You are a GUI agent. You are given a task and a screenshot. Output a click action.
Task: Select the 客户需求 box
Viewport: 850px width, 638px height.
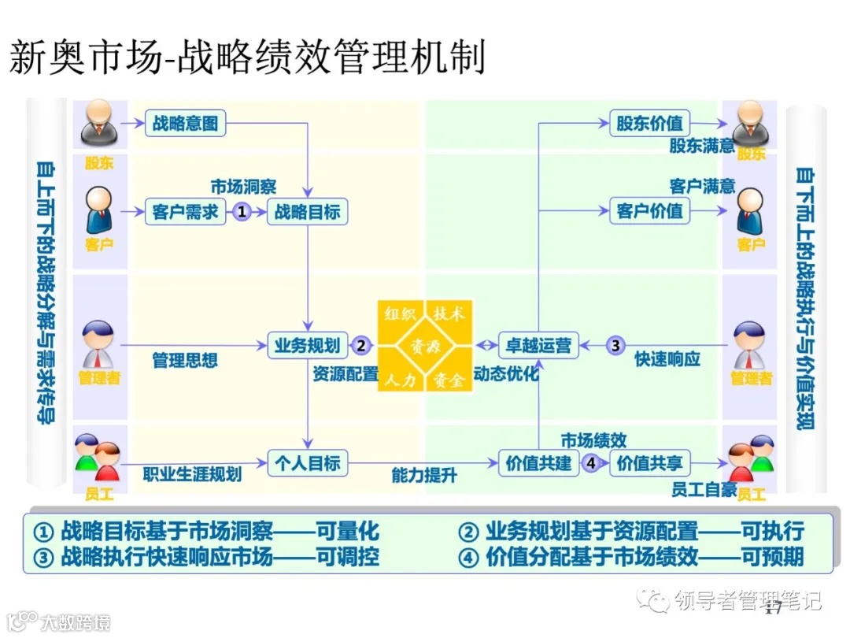186,211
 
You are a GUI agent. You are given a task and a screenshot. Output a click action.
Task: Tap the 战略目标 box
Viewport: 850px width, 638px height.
307,211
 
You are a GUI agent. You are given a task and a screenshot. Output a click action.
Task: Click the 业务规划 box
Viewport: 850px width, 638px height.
307,345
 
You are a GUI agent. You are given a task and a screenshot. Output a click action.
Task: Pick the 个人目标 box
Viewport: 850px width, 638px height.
307,462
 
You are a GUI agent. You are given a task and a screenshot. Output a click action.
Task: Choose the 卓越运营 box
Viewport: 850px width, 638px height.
538,345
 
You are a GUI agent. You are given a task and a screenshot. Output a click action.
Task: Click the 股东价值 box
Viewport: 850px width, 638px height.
649,123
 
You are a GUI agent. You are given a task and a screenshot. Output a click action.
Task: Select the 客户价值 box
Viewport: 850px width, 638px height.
649,211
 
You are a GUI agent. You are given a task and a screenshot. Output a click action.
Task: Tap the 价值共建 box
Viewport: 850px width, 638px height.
538,463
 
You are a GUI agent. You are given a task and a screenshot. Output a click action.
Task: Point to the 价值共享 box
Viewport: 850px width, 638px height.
649,463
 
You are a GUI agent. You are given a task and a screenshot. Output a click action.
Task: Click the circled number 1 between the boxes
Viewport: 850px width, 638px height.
242,211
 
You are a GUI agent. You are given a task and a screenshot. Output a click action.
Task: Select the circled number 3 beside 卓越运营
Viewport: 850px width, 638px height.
616,345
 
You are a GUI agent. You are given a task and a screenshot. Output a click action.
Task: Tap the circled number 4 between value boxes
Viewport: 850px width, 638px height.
592,463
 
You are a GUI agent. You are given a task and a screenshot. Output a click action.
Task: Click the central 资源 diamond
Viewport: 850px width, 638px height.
425,346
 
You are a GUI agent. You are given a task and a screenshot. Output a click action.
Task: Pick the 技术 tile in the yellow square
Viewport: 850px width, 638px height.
449,313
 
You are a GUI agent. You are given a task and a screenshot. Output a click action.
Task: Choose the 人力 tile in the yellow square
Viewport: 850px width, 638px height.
401,380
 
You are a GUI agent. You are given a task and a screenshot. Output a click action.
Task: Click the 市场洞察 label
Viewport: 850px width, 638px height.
243,187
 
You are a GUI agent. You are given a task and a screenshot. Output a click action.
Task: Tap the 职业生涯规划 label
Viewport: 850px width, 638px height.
192,475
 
